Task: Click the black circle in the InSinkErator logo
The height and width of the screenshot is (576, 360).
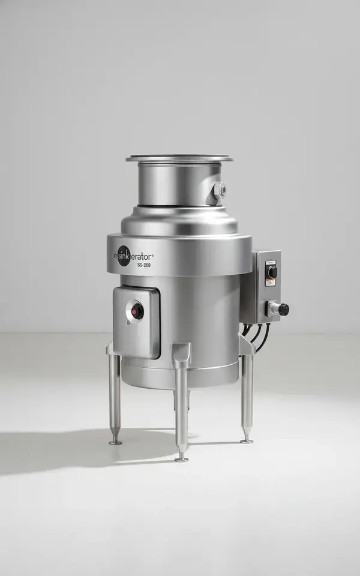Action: click(124, 256)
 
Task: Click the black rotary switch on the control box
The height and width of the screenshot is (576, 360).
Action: click(272, 272)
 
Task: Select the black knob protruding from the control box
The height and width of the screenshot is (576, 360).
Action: click(282, 310)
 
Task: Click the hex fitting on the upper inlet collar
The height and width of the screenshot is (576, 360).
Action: click(219, 191)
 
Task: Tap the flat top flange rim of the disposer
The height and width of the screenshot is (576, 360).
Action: click(179, 158)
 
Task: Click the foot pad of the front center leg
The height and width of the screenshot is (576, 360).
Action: click(181, 459)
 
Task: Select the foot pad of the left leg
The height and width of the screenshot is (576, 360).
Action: click(115, 442)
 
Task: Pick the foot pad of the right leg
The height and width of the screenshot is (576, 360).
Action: click(246, 441)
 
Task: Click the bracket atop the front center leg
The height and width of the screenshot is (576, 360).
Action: click(181, 354)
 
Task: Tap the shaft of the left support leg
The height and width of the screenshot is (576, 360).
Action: click(115, 396)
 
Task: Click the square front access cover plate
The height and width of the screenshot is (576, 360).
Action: click(137, 321)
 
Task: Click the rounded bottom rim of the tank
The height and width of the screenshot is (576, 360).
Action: click(180, 378)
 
